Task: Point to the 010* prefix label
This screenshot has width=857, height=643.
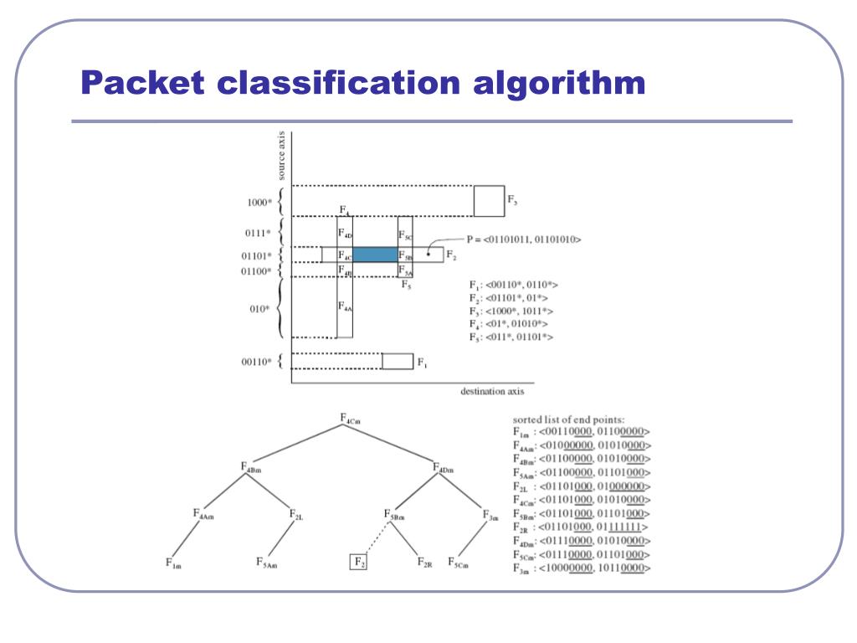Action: click(259, 309)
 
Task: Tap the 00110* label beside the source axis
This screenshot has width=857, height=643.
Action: click(255, 362)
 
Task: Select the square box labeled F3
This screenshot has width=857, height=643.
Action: click(489, 201)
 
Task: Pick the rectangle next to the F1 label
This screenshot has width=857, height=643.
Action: click(398, 361)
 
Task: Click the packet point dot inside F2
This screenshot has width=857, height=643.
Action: click(428, 253)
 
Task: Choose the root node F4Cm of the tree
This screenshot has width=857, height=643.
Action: click(351, 418)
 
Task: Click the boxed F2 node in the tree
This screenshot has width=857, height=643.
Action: click(357, 562)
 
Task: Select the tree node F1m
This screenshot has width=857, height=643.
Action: click(172, 563)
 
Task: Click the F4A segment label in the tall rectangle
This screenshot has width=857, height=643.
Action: click(345, 307)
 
